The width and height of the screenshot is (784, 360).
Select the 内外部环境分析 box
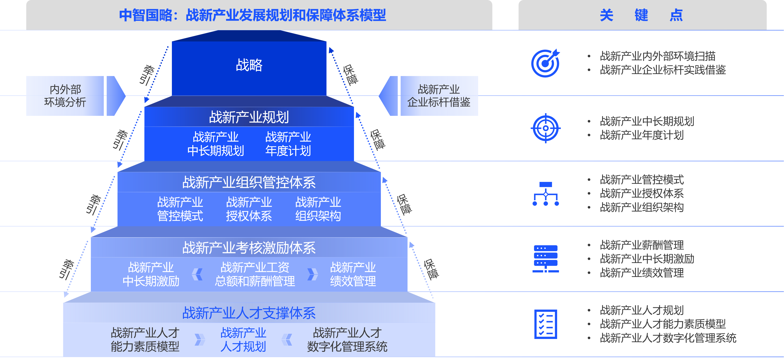point(65,96)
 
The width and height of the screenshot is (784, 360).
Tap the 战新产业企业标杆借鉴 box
point(439,96)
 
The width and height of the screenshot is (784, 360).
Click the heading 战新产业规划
point(249,117)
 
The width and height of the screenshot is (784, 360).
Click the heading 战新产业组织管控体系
point(249,182)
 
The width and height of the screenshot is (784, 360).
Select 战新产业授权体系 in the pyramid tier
point(249,209)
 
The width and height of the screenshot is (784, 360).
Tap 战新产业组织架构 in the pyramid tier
point(318,209)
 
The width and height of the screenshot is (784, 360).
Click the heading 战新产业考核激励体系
point(249,248)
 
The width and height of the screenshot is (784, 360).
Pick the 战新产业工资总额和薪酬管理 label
point(255,274)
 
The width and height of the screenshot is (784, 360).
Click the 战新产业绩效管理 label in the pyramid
point(353,274)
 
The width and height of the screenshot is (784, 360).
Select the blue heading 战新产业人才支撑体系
point(249,313)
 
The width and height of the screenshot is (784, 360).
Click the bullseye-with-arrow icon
point(546,63)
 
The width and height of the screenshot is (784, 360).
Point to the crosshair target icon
point(546,128)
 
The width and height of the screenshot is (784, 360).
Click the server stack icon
point(546,259)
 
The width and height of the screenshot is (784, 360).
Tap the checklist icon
point(546,324)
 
